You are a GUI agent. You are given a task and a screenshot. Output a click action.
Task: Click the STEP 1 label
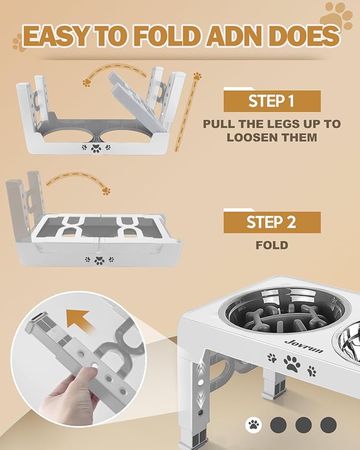coord(271,101)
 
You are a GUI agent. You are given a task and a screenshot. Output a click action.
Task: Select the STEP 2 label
coord(271,222)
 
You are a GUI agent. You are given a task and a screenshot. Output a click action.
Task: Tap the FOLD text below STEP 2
coord(271,245)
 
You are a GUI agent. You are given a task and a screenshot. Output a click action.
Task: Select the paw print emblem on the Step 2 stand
coord(99,260)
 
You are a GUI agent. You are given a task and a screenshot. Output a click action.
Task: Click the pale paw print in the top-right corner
coord(338,14)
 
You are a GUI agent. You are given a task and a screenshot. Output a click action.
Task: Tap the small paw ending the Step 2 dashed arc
coord(107,190)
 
